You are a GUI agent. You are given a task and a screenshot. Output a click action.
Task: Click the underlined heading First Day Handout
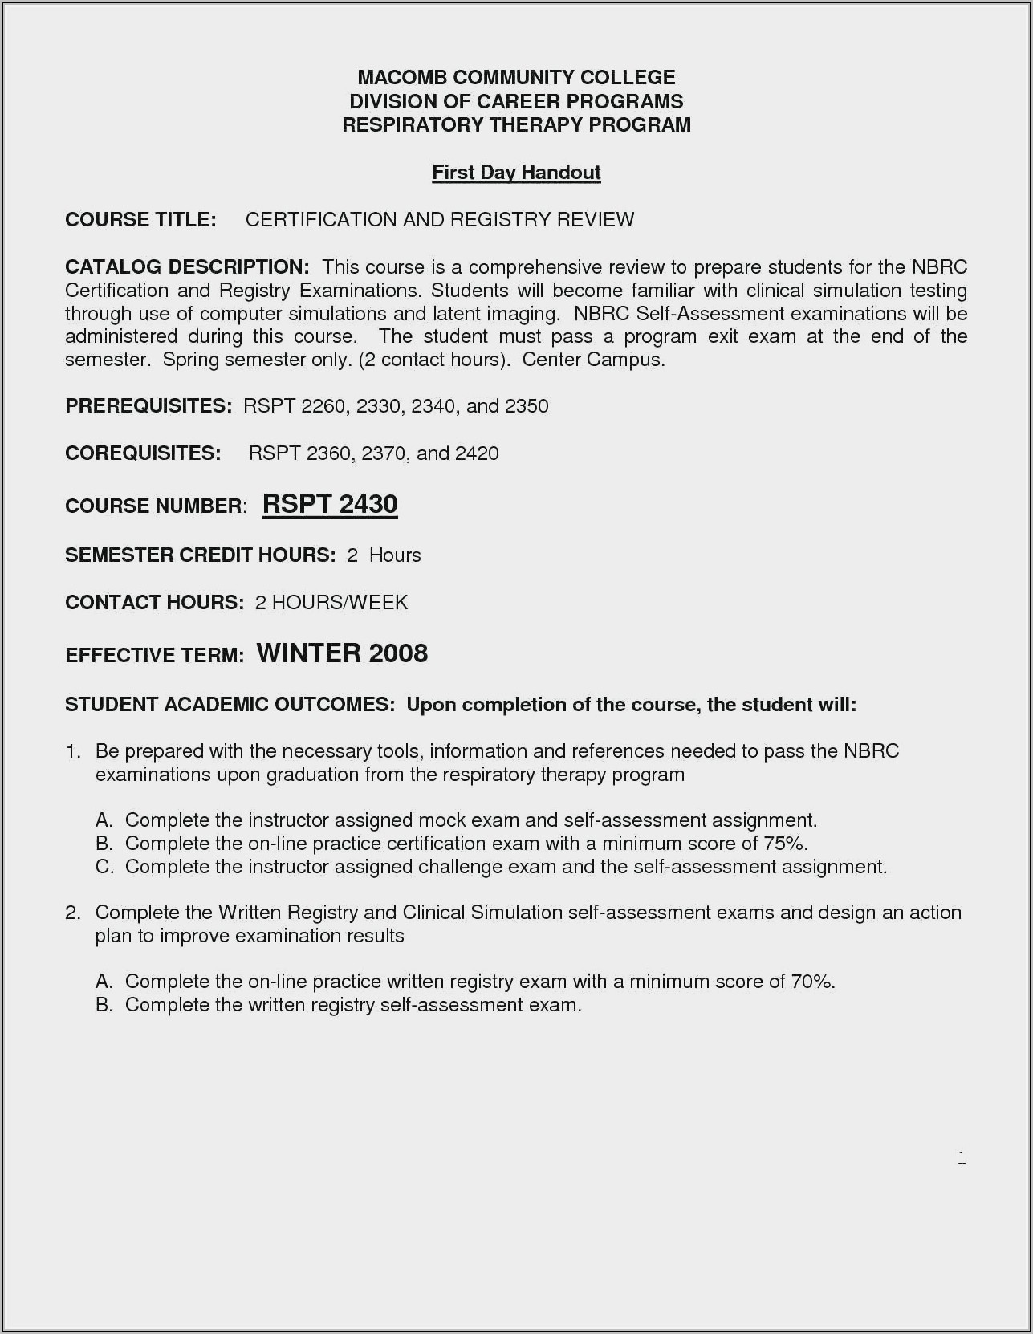coord(516,173)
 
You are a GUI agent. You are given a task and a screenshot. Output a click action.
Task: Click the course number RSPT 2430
coord(330,504)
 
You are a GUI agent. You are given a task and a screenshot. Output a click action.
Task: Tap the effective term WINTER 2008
coord(342,653)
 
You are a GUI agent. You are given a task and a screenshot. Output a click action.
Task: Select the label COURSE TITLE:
coord(140,220)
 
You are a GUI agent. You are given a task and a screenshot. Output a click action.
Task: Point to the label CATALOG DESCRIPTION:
coord(187,266)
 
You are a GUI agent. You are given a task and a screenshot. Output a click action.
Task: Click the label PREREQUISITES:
coord(148,406)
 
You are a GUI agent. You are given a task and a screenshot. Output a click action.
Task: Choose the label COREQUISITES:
coord(143,453)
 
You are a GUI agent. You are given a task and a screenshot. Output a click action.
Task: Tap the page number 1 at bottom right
coord(961,1157)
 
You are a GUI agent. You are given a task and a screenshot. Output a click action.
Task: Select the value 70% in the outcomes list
coord(812,982)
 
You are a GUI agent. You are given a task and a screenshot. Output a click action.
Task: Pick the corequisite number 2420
coord(477,453)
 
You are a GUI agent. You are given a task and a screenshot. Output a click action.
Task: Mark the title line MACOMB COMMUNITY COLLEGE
coord(516,78)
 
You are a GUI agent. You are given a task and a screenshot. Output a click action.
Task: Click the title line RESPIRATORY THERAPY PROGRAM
coord(516,125)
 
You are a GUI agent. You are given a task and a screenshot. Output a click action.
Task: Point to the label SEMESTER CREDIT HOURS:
coord(200,555)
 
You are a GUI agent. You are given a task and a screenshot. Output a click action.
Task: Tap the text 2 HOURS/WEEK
coord(331,603)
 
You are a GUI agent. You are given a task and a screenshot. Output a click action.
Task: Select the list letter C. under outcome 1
coord(104,867)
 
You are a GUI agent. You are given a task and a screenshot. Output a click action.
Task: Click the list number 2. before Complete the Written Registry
coord(73,913)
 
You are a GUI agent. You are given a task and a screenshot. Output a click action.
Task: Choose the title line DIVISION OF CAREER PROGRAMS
coord(516,102)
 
